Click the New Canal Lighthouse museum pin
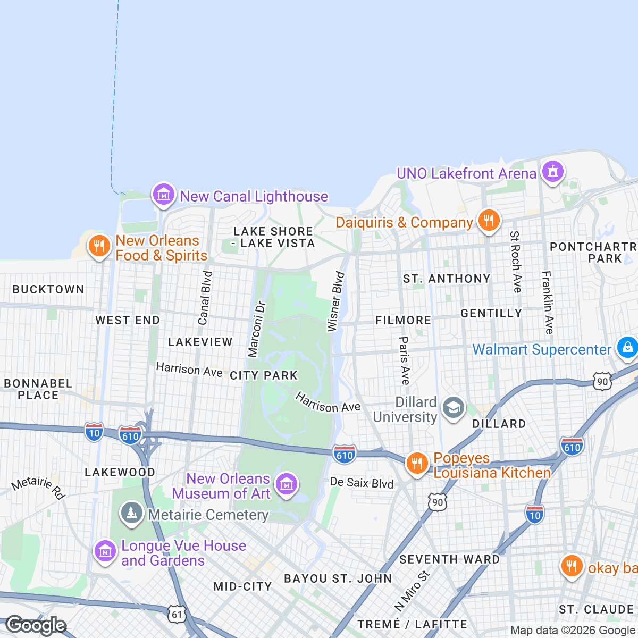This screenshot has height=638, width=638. tap(163, 195)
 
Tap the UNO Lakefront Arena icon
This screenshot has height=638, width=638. tap(552, 172)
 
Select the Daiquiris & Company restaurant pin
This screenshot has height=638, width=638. tap(489, 220)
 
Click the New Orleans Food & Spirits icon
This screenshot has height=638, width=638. tap(98, 246)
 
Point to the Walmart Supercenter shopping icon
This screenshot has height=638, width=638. tap(627, 348)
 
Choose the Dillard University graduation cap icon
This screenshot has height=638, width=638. tap(453, 408)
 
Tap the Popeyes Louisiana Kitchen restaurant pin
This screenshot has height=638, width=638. tap(417, 464)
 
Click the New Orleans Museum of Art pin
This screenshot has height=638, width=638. tap(287, 484)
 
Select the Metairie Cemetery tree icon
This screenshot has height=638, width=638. tap(131, 513)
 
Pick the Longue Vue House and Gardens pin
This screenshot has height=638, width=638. tap(104, 551)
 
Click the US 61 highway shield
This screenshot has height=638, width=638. tap(177, 614)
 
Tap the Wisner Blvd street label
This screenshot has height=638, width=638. tap(336, 302)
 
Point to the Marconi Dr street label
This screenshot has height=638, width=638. tap(256, 329)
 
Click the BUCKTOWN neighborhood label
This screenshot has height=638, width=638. tap(48, 289)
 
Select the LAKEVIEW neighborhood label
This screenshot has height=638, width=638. tap(200, 342)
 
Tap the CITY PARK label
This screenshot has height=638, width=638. tap(264, 375)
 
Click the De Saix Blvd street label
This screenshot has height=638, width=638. tap(362, 483)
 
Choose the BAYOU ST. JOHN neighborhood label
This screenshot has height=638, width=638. tap(338, 578)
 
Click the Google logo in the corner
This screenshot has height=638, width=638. tap(36, 626)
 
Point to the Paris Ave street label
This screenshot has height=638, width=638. tap(405, 360)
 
